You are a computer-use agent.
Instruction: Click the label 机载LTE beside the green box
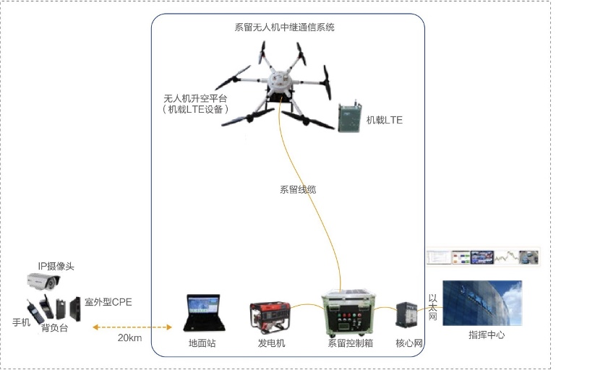pyautogui.click(x=384, y=120)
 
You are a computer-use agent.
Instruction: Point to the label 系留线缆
pyautogui.click(x=298, y=190)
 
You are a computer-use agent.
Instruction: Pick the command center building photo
pyautogui.click(x=482, y=302)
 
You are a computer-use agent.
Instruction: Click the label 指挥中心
pyautogui.click(x=487, y=335)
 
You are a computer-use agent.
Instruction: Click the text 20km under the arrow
pyautogui.click(x=129, y=337)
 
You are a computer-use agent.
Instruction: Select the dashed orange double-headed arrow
pyautogui.click(x=132, y=327)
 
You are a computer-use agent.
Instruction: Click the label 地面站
pyautogui.click(x=202, y=343)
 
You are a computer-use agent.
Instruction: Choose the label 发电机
pyautogui.click(x=271, y=343)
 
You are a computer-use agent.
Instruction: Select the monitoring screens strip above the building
pyautogui.click(x=482, y=257)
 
